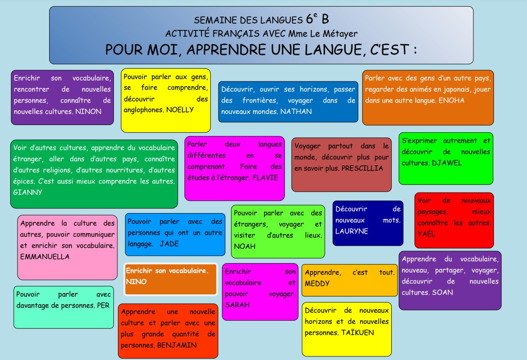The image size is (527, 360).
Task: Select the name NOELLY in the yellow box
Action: coord(180,110)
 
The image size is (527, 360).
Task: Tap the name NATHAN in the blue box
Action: coord(296,112)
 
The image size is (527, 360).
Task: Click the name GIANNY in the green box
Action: coord(28,193)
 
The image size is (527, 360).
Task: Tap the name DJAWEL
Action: coord(447,163)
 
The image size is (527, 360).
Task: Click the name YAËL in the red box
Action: coord(427,234)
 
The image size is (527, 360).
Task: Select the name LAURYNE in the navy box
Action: coord(352,231)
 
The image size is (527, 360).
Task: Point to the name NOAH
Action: coord(245,246)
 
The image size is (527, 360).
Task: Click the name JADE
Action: coord(169,244)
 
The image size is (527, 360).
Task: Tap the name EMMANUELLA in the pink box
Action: coord(45,257)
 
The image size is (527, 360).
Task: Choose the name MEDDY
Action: coord(317,284)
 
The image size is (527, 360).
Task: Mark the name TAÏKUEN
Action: coord(356,333)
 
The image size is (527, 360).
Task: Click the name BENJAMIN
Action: coord(177,345)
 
